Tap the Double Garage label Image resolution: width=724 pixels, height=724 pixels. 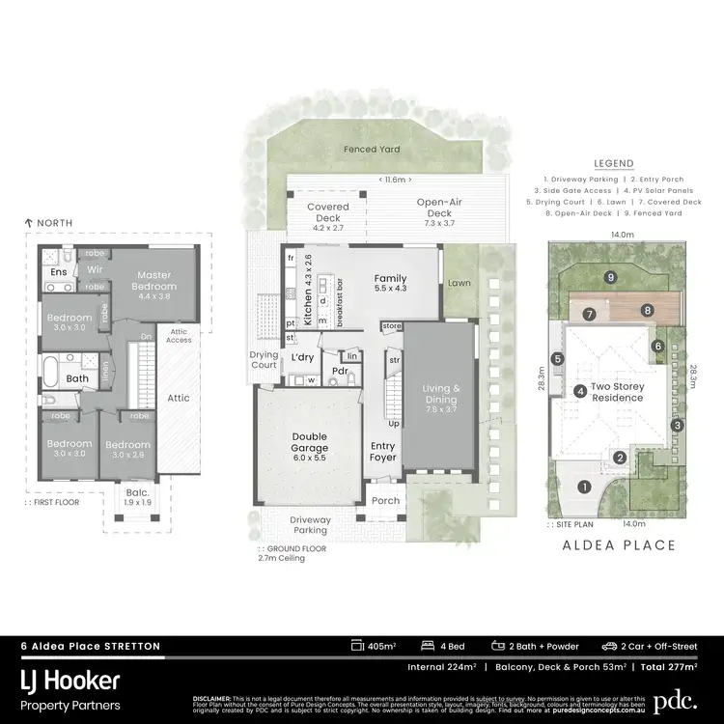coord(310,441)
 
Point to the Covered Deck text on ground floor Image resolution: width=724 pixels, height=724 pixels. coord(328,212)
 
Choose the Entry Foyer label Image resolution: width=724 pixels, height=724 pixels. coord(383,451)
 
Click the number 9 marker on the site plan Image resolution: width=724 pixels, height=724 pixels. coord(610,277)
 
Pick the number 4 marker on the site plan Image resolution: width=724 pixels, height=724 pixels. coord(579,391)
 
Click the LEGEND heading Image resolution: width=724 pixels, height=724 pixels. coord(613,164)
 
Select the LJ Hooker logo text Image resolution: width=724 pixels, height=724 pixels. coord(70,682)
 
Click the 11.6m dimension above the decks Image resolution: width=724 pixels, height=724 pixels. coord(396,181)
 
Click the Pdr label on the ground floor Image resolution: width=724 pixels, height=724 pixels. coord(339,371)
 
